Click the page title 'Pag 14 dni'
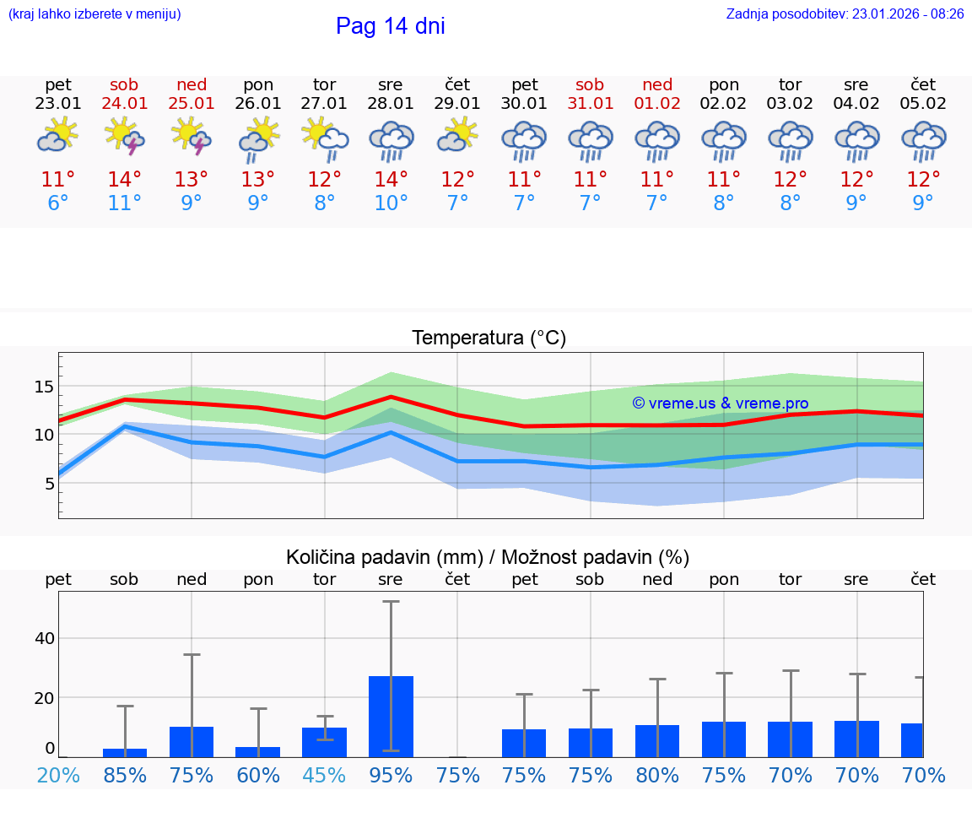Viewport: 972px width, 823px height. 390,26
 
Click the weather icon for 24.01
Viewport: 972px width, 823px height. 124,136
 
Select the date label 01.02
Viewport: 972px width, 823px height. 657,104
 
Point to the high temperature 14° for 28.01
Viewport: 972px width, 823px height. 391,180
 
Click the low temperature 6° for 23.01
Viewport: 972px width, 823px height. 58,203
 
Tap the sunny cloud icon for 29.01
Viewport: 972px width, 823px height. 457,136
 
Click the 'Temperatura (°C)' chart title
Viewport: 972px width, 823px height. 489,338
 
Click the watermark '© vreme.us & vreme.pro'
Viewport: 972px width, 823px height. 720,403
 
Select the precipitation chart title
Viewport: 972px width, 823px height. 487,557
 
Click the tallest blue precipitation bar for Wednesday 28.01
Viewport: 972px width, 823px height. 391,716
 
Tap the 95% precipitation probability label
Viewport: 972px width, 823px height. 391,775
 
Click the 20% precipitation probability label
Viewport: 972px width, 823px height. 58,775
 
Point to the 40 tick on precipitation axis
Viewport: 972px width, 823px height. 45,638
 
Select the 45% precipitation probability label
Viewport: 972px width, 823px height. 324,775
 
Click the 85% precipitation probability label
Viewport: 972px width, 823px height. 125,775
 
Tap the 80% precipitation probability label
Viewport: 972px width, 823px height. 657,775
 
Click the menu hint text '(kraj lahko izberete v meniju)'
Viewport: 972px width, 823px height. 94,14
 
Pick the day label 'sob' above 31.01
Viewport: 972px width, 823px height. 590,85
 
